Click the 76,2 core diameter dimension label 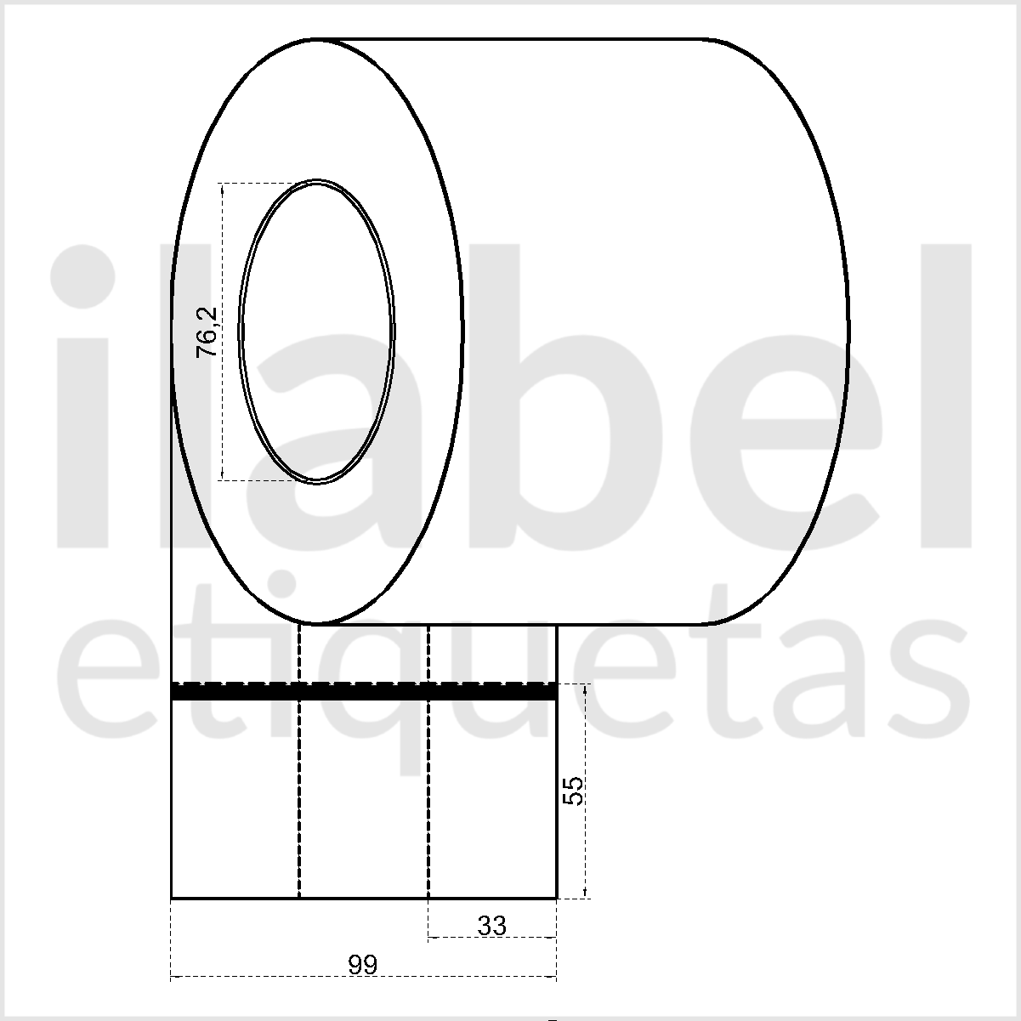click(207, 332)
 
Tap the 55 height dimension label click(572, 791)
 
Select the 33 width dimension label click(491, 926)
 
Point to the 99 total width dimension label click(363, 965)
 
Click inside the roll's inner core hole click(317, 332)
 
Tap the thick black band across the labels click(364, 691)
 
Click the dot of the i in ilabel click(82, 276)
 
